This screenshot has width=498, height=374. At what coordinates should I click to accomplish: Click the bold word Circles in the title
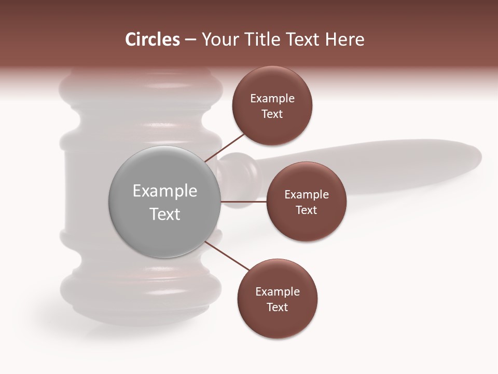pos(152,39)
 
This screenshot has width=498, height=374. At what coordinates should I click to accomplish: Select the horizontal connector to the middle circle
pos(244,202)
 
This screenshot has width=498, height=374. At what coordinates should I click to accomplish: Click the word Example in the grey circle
pos(165,191)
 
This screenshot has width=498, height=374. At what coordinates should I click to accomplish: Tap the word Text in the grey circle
pos(165,214)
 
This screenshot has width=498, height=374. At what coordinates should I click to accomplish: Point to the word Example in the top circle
pos(272,98)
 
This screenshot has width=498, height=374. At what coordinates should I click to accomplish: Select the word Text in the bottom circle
pos(278,307)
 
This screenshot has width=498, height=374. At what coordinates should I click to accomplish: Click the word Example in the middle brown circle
pos(307,194)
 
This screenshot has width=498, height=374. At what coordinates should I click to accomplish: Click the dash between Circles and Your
pos(190,40)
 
